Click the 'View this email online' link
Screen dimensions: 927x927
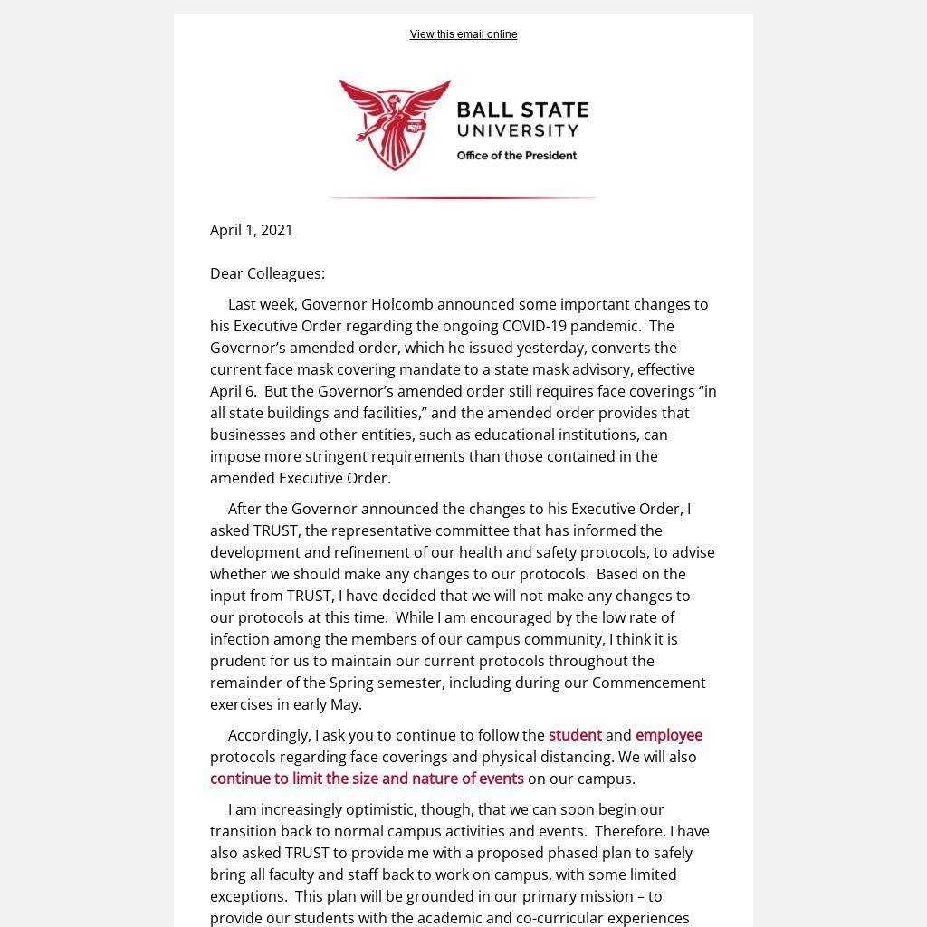[x=463, y=34]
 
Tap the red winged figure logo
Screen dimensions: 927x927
[x=395, y=124]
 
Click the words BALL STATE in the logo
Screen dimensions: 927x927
[x=522, y=111]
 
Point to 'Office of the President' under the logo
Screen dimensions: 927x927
[x=517, y=156]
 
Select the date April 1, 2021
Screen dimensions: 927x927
[x=252, y=230]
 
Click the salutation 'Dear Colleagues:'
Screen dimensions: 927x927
[x=267, y=273]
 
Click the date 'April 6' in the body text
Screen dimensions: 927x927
[x=232, y=391]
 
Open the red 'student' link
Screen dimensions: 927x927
[x=575, y=735]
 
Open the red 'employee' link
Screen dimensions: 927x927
[x=669, y=735]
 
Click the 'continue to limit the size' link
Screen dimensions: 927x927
[x=367, y=779]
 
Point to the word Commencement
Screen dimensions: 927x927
[x=649, y=683]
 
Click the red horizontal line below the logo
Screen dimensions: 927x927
[x=462, y=197]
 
